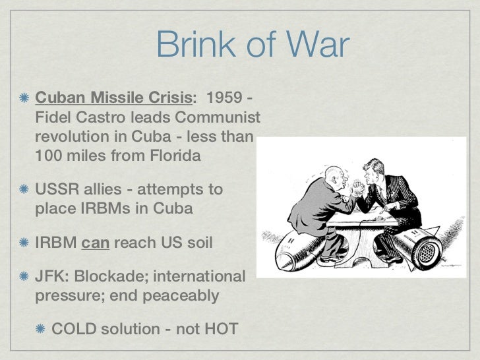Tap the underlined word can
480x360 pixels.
pos(95,242)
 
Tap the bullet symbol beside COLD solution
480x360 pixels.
pos(41,327)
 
